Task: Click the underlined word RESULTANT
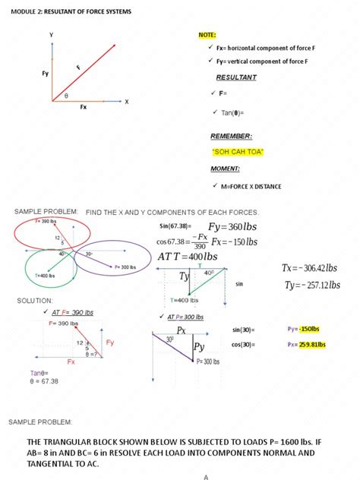click(x=236, y=77)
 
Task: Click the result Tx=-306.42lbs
click(x=309, y=268)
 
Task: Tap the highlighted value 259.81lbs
click(x=311, y=344)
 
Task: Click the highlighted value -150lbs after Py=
click(x=309, y=329)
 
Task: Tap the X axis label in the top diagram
click(x=126, y=101)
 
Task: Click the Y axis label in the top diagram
click(x=51, y=36)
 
